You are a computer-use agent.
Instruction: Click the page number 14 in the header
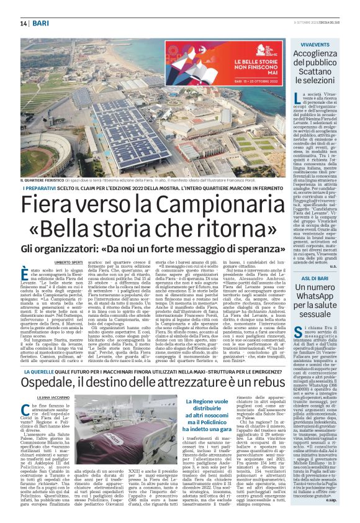pyautogui.click(x=24, y=23)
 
